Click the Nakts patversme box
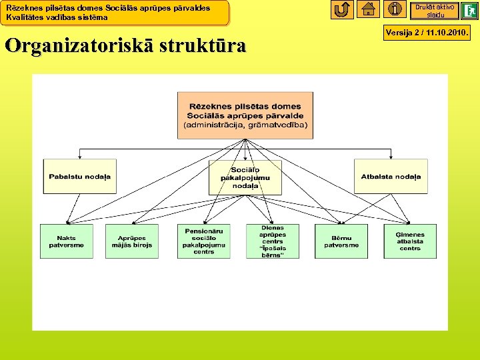point(67,241)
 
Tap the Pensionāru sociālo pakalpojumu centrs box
point(204,241)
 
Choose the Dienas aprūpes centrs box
point(273,241)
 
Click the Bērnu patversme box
point(341,241)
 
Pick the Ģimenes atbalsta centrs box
point(410,241)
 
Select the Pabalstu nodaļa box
point(79,177)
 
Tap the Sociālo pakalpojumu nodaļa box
point(245,177)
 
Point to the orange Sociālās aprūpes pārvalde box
point(245,115)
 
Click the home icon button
point(369,9)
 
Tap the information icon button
point(395,9)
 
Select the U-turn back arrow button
point(342,9)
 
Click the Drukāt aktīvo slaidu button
point(435,11)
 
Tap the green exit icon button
point(470,11)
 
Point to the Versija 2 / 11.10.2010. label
point(427,31)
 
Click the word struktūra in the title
point(202,46)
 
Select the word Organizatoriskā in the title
point(79,46)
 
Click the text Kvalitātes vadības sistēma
point(57,17)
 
